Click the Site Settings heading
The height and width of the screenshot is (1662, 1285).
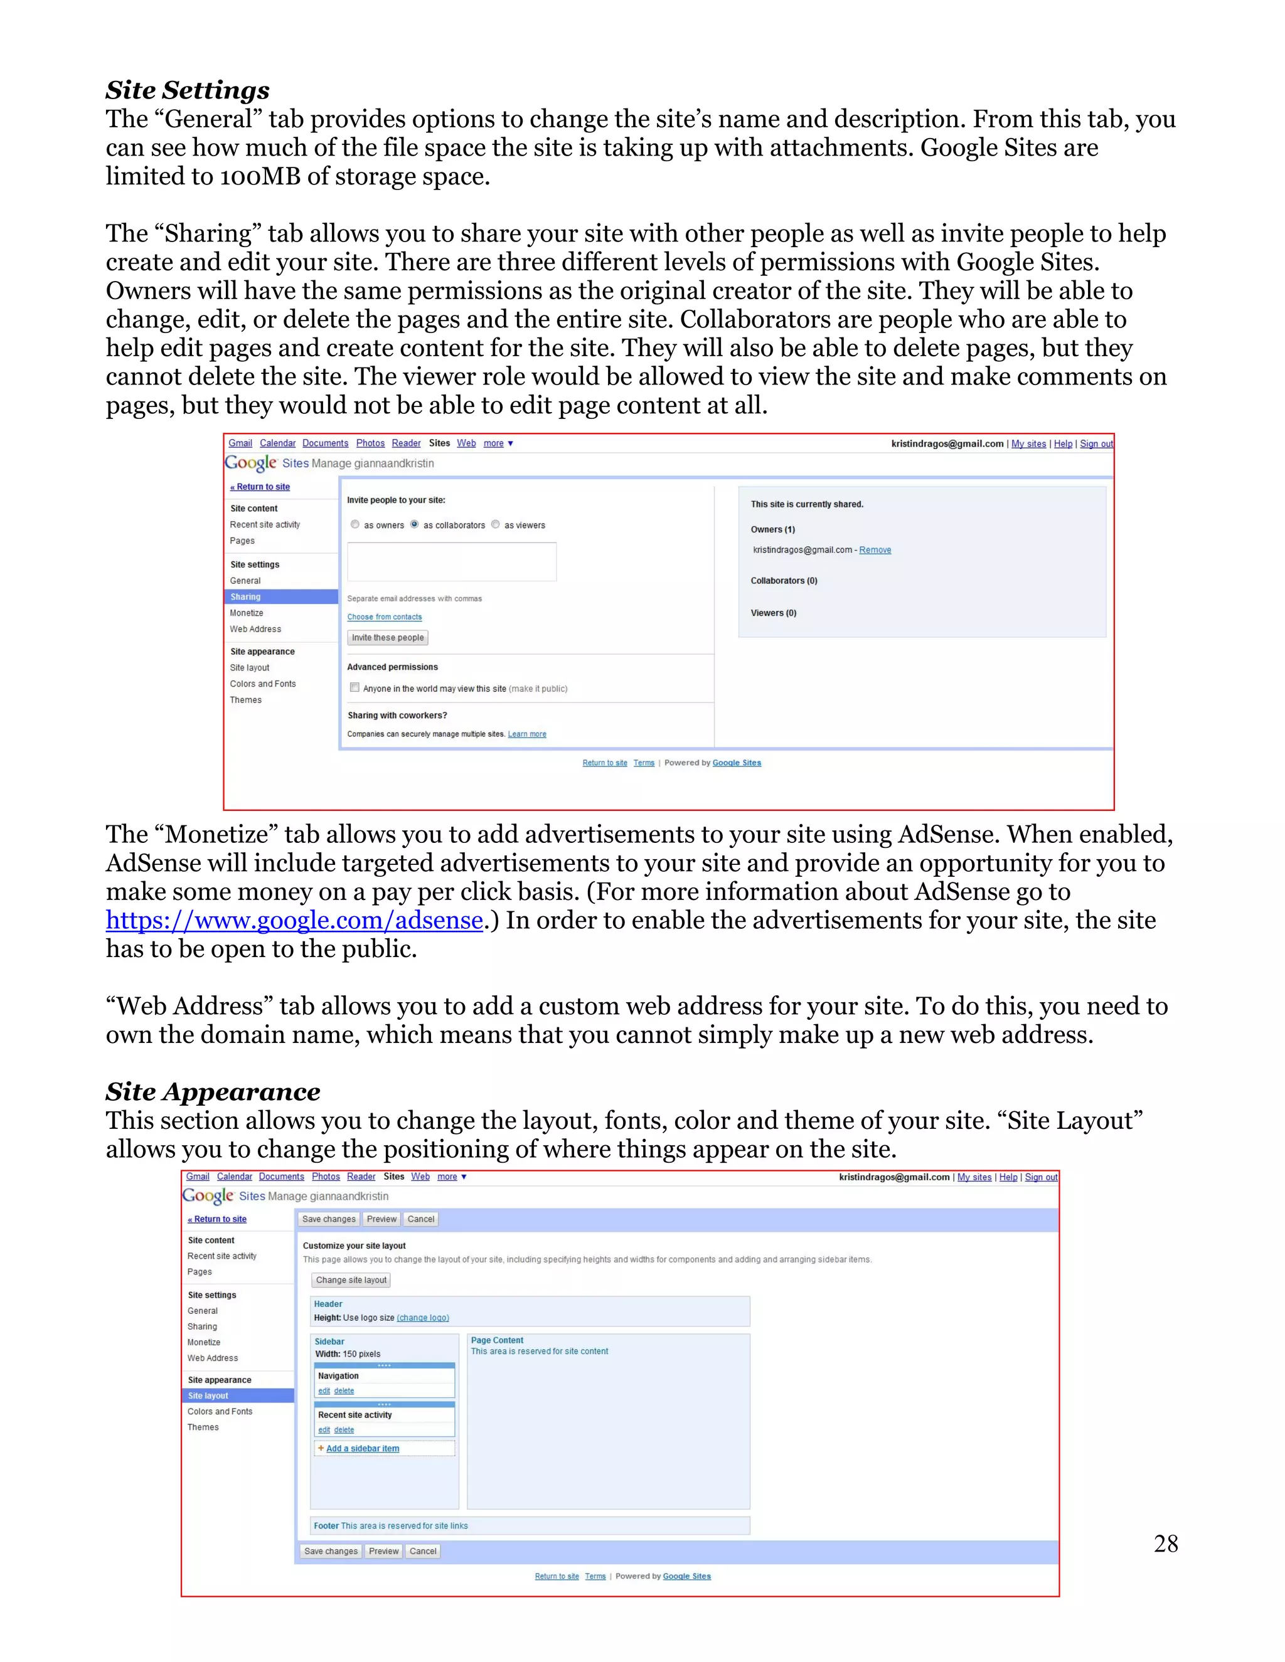coord(187,90)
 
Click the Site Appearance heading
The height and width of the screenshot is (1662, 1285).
coord(213,1091)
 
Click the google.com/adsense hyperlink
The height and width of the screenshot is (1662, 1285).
coord(294,921)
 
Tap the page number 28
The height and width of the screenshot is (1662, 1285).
coord(1165,1543)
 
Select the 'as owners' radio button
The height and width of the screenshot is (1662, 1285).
coord(355,524)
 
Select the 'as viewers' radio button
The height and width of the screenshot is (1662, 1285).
coord(496,524)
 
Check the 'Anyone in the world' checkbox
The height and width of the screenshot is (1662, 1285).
coord(355,687)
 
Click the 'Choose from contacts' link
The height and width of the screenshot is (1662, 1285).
coord(385,617)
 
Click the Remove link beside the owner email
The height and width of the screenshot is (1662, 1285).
coord(875,550)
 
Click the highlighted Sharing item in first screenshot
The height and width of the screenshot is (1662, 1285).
coord(246,596)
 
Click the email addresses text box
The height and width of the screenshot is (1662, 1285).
coord(451,561)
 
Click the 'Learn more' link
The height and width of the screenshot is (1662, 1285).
coord(527,734)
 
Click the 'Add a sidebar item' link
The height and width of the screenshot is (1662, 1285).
coord(363,1448)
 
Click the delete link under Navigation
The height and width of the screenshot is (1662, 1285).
coord(344,1390)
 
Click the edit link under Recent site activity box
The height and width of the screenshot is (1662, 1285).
coord(324,1430)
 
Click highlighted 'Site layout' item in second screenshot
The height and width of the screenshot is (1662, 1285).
coord(208,1395)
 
